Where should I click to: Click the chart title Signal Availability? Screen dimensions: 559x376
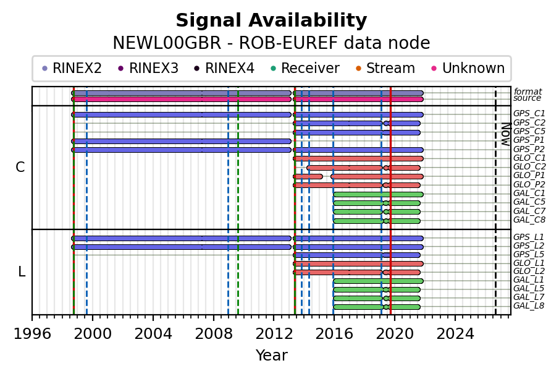pyautogui.click(x=271, y=20)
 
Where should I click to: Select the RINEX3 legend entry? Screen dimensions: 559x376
pyautogui.click(x=148, y=68)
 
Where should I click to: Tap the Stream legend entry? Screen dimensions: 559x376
pyautogui.click(x=385, y=68)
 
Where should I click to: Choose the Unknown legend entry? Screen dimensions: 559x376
pyautogui.click(x=468, y=68)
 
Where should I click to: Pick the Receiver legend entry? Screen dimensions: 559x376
pyautogui.click(x=305, y=68)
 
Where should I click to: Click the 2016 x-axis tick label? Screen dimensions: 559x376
pyautogui.click(x=334, y=334)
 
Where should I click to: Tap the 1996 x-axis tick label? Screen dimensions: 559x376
pyautogui.click(x=33, y=334)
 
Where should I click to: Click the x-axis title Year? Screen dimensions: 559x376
pyautogui.click(x=271, y=356)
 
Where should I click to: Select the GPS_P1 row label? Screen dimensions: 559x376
pyautogui.click(x=529, y=140)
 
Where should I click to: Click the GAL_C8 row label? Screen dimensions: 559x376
pyautogui.click(x=529, y=220)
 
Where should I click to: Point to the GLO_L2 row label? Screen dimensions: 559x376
pyautogui.click(x=529, y=271)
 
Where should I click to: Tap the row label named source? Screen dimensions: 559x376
pyautogui.click(x=527, y=98)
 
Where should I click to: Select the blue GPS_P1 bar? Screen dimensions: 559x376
pyautogui.click(x=182, y=142)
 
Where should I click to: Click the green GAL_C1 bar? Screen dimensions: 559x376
pyautogui.click(x=378, y=195)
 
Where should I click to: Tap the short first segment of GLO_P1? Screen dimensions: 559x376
pyautogui.click(x=308, y=176)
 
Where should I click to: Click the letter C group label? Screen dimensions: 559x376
pyautogui.click(x=20, y=167)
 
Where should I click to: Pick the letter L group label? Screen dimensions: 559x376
pyautogui.click(x=22, y=272)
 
